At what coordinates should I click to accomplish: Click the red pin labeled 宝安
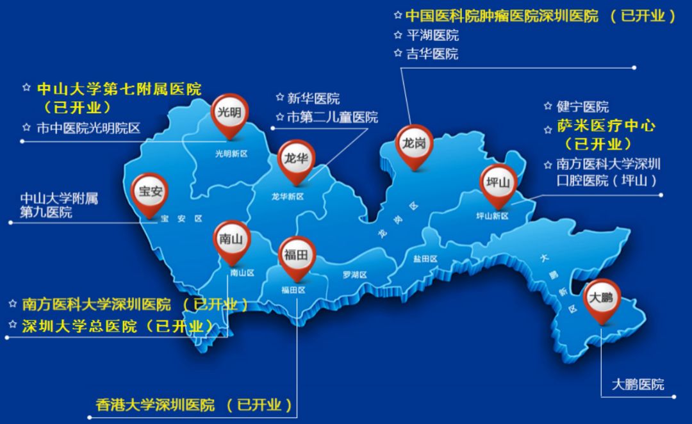pos(149,190)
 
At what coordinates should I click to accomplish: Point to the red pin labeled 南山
pos(231,240)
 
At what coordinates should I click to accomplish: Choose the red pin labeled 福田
pos(297,256)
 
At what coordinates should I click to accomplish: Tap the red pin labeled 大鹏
pos(601,298)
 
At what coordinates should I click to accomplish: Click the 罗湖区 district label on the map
pos(354,275)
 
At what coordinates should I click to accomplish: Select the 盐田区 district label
pos(425,259)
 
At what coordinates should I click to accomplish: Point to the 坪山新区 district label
pos(492,216)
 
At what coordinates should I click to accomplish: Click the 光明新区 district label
pos(231,154)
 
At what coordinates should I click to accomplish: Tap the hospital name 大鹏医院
pos(638,384)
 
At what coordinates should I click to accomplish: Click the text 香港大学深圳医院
pos(155,405)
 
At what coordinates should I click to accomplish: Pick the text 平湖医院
pos(432,35)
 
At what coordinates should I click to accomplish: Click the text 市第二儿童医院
pos(332,117)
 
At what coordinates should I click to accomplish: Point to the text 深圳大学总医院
pos(79,325)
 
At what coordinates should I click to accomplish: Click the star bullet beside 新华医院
pos(279,98)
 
